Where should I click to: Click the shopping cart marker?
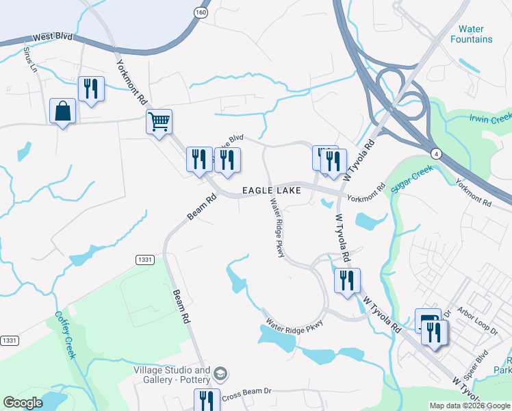(159, 122)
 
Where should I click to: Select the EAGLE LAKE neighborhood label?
(270, 190)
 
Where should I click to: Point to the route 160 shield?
(200, 12)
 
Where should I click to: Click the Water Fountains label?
(471, 34)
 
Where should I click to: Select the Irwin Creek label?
(490, 118)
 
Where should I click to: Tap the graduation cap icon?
(220, 374)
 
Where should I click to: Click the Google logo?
(23, 403)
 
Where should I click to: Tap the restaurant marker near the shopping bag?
(91, 88)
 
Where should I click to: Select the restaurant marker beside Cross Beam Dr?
(206, 399)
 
